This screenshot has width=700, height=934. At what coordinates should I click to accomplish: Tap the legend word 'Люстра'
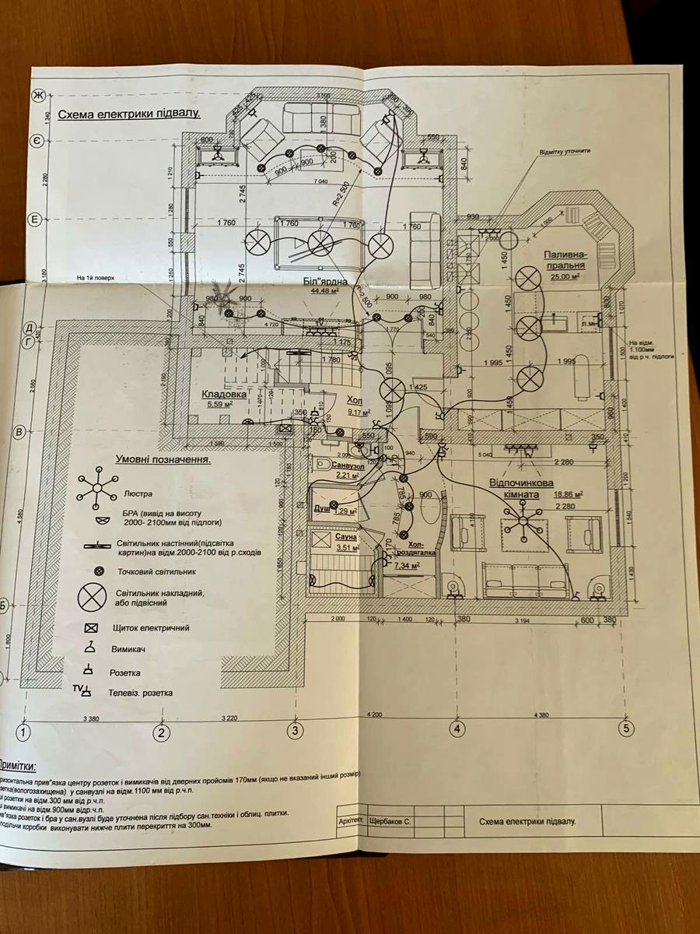pyautogui.click(x=138, y=493)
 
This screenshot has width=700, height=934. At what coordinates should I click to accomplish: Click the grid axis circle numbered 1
pyautogui.click(x=25, y=732)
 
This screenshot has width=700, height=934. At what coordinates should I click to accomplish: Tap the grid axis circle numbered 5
pyautogui.click(x=625, y=729)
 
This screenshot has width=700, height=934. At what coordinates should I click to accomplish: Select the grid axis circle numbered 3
pyautogui.click(x=295, y=730)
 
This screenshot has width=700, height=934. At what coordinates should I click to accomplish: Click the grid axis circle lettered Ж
pyautogui.click(x=37, y=96)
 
